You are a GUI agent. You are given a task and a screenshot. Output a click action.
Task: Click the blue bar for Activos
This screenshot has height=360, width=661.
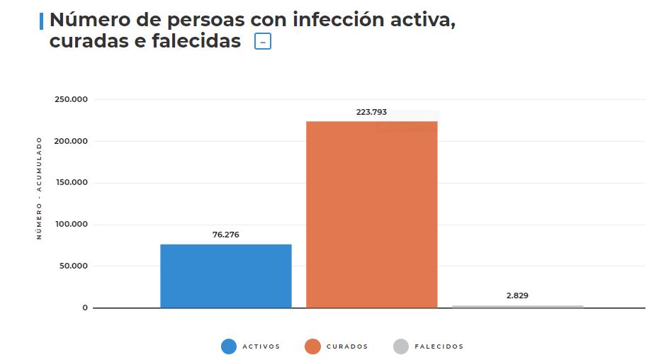point(225,276)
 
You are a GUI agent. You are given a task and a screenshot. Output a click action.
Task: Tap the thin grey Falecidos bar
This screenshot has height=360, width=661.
point(517,306)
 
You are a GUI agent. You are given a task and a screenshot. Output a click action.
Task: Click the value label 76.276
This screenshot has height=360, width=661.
point(225,235)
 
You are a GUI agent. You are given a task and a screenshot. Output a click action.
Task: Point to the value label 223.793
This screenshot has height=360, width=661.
point(371,112)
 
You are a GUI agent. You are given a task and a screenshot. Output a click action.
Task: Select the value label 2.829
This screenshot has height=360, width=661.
point(517,296)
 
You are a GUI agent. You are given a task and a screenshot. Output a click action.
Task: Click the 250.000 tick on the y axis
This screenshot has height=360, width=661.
point(71,99)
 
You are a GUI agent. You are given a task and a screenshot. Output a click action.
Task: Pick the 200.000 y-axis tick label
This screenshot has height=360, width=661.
point(71,141)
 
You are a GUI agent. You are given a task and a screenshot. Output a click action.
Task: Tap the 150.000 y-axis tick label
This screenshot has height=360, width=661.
point(71,183)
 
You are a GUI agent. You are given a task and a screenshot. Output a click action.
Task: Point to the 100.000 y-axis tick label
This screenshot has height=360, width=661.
point(71,225)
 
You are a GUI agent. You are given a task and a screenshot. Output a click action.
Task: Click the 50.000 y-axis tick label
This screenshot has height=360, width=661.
point(73,266)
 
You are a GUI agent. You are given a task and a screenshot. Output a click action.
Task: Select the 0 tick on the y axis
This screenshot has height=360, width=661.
point(85,308)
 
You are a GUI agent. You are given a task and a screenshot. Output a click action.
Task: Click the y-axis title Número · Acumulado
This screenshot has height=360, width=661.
point(40,188)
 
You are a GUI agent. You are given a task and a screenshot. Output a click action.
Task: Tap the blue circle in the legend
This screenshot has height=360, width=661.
point(228,347)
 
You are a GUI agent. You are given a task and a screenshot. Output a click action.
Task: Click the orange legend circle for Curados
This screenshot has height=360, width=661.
point(312,347)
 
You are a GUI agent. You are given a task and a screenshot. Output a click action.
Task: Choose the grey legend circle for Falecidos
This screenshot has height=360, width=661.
point(400,347)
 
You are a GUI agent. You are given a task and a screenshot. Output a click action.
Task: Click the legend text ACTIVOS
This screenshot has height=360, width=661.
point(261,347)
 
